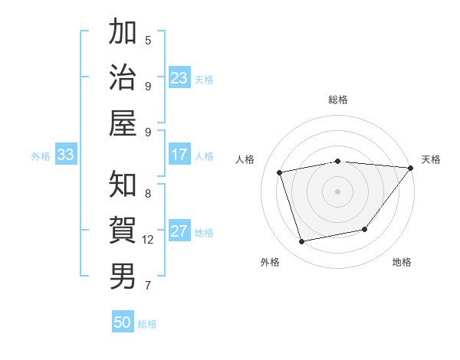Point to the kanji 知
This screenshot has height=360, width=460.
(123, 185)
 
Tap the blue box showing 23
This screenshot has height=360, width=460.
(179, 78)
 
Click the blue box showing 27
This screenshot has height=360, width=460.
(179, 232)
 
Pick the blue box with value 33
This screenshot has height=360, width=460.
(65, 155)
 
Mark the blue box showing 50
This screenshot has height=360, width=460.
(123, 322)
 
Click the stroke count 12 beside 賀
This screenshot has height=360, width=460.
(148, 240)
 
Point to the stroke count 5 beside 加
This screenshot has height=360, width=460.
(148, 40)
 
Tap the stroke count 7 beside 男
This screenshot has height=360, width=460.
(148, 286)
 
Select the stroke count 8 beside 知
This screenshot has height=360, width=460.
(148, 194)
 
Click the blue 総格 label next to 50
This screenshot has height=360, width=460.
(147, 324)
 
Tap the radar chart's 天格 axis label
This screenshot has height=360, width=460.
(431, 159)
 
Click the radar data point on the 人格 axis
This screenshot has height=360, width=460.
(280, 172)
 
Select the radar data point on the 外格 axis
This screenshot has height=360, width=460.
(302, 242)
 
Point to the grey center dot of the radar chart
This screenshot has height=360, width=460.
(337, 191)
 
